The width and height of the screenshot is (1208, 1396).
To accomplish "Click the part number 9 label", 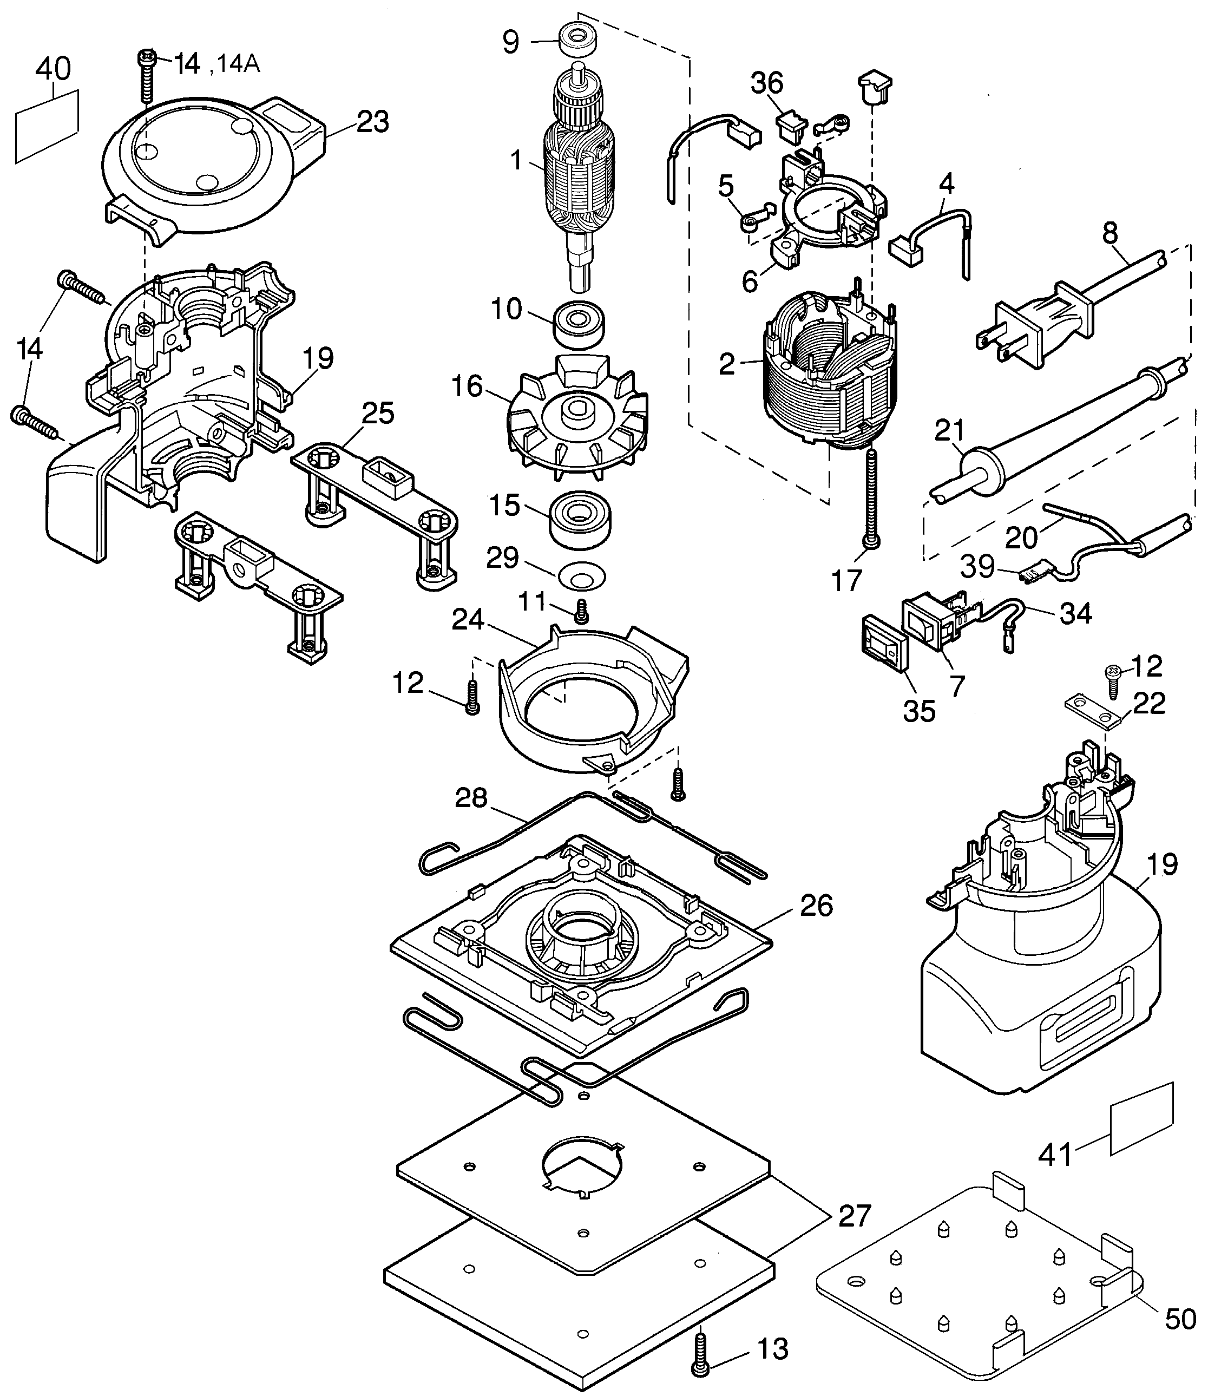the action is (511, 42).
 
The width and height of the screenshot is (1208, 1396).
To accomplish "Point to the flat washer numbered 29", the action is (582, 575).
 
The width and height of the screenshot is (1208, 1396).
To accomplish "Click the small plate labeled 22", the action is (1092, 713).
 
